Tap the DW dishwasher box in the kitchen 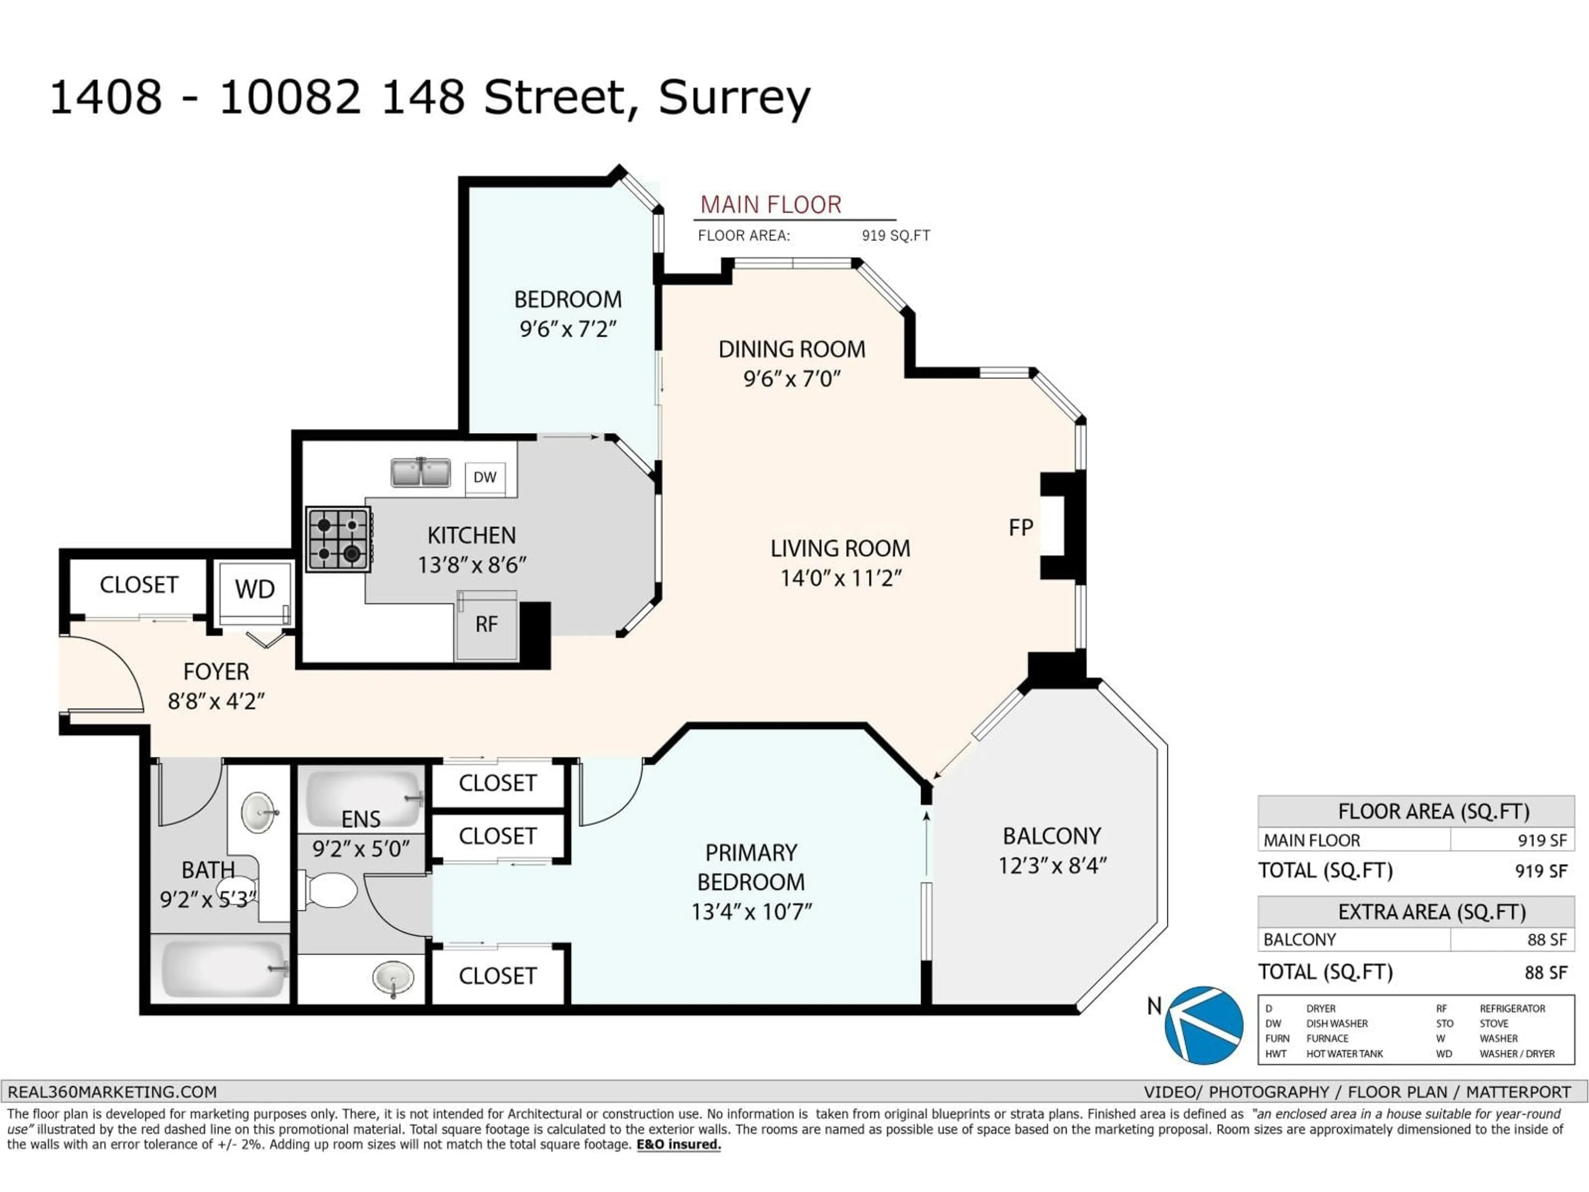485,477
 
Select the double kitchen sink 420,473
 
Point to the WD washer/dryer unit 255,589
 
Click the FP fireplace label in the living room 1021,528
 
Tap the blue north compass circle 1204,1025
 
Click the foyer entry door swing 108,672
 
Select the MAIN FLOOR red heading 771,205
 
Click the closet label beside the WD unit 139,585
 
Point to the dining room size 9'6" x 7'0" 792,379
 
